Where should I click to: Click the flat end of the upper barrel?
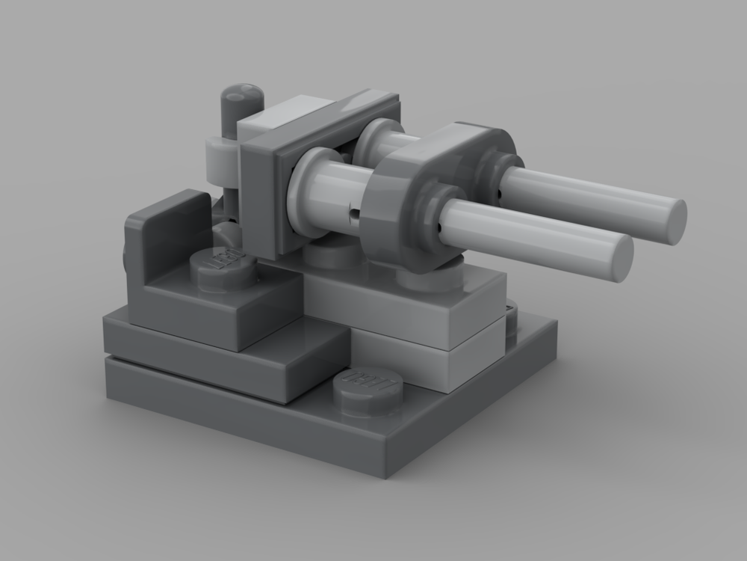click(675, 220)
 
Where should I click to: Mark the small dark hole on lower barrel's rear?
click(352, 213)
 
